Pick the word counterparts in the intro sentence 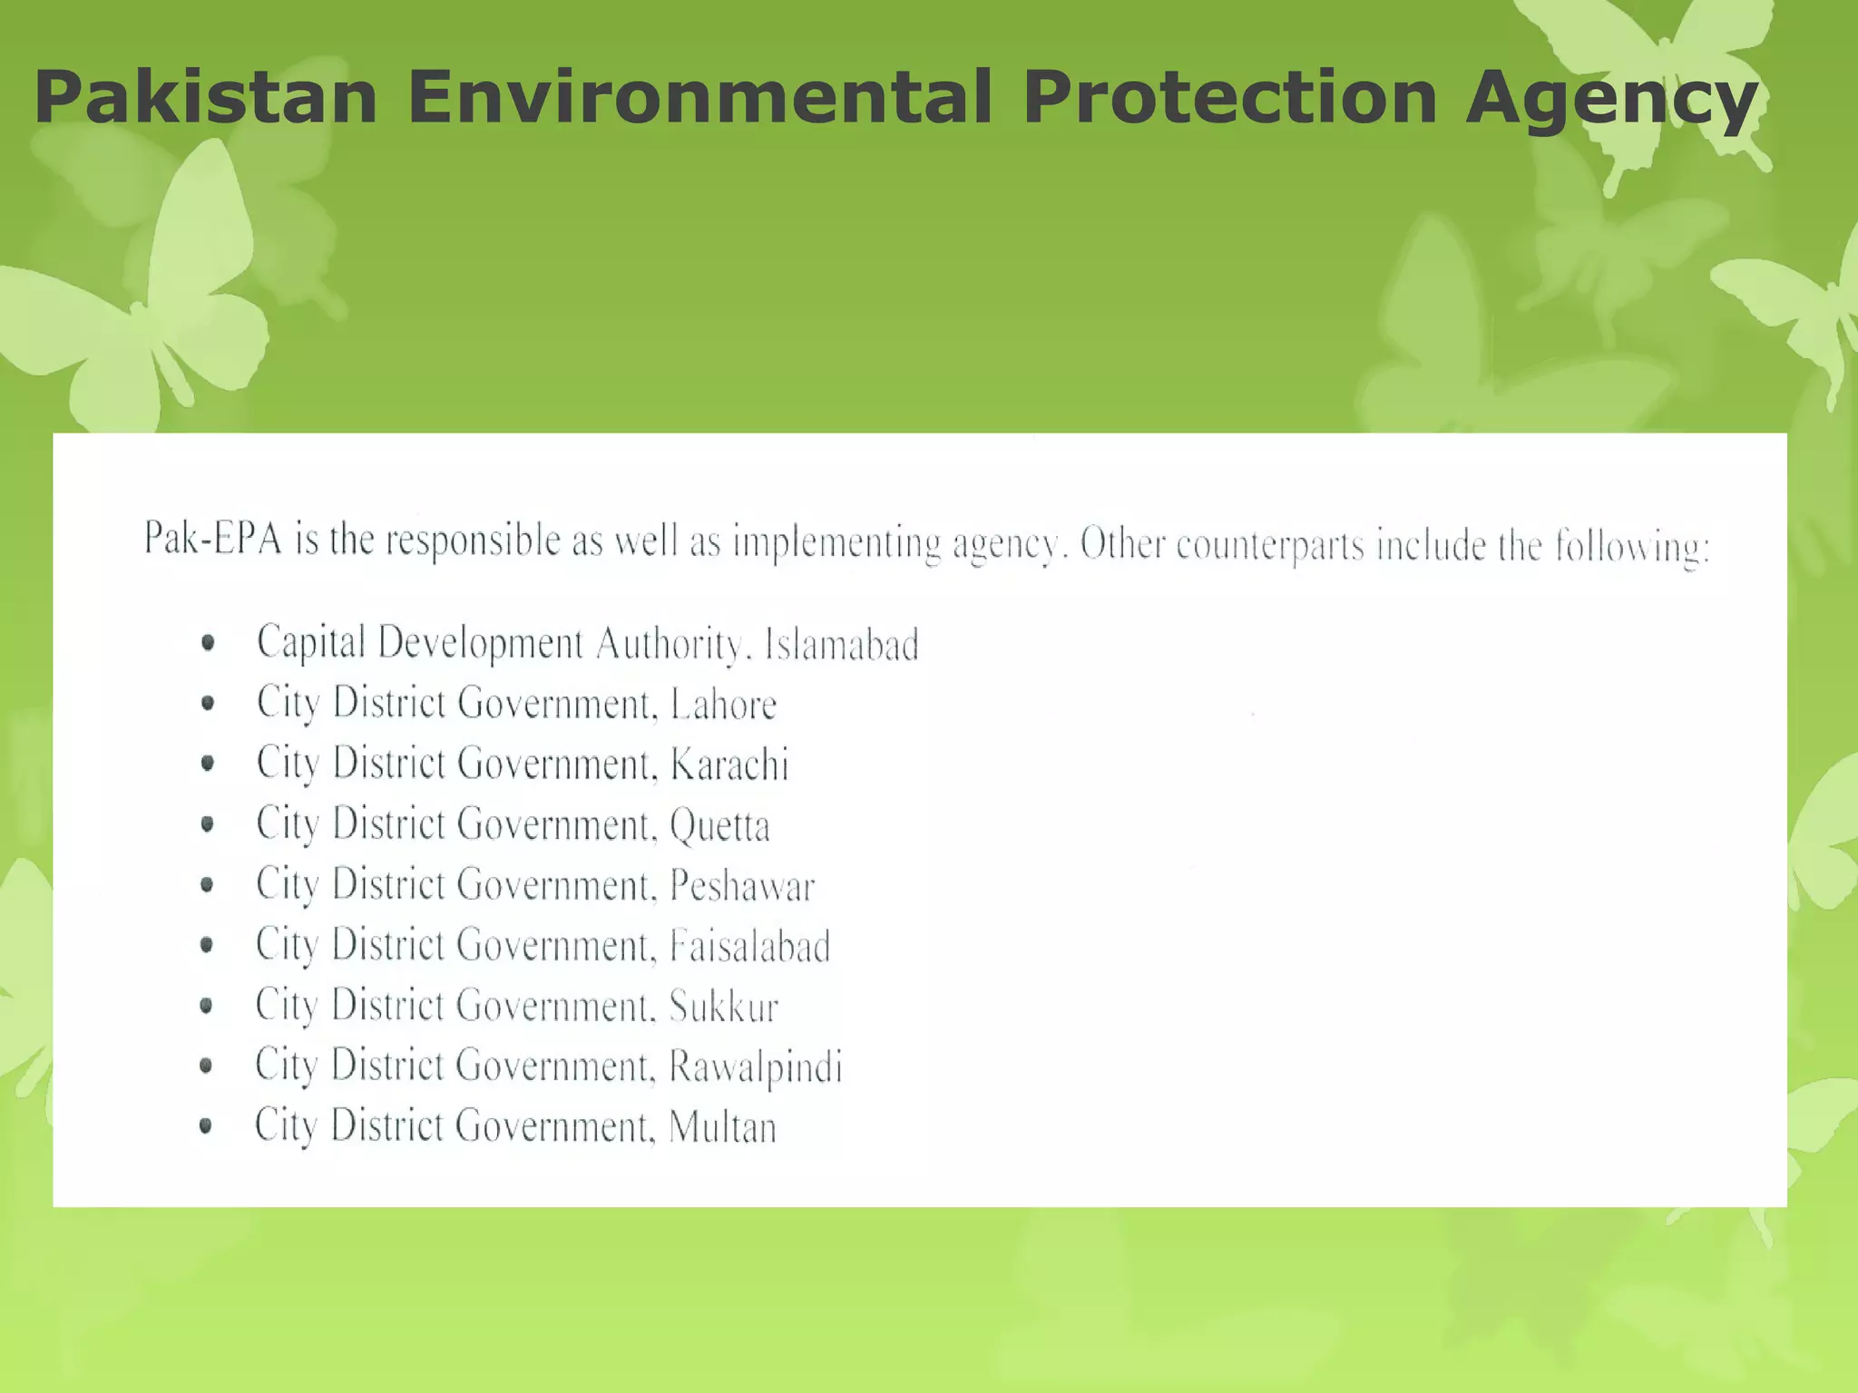(x=1270, y=546)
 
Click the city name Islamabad (x=841, y=645)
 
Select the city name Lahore (x=723, y=705)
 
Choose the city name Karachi (x=729, y=765)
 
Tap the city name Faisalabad (x=750, y=946)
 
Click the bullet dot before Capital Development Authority (x=209, y=643)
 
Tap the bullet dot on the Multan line (x=206, y=1125)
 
